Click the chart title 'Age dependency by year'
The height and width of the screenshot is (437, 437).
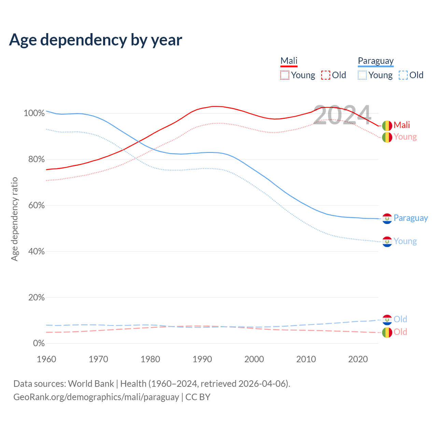point(96,40)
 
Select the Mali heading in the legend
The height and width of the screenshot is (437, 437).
point(289,61)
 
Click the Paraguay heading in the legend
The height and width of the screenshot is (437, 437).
point(376,61)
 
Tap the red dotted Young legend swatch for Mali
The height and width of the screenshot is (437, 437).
point(284,75)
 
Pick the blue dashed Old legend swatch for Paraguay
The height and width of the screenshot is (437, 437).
point(403,75)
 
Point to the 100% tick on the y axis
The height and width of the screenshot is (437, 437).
point(34,113)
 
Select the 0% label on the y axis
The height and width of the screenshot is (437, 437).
point(39,343)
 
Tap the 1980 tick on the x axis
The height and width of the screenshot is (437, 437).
point(150,359)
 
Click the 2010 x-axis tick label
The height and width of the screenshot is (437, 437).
point(306,359)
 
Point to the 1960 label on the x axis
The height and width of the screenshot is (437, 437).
point(46,359)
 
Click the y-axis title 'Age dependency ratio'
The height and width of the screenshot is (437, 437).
point(14,219)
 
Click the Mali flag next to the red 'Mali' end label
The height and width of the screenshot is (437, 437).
point(387,126)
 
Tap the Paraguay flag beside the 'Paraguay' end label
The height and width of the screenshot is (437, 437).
point(387,218)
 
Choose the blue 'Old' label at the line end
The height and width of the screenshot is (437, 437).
point(400,319)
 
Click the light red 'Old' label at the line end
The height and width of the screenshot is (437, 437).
point(400,332)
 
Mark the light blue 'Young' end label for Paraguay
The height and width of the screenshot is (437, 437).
point(405,241)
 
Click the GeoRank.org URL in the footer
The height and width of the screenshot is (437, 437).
point(96,397)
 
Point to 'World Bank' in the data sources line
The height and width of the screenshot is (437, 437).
point(91,384)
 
